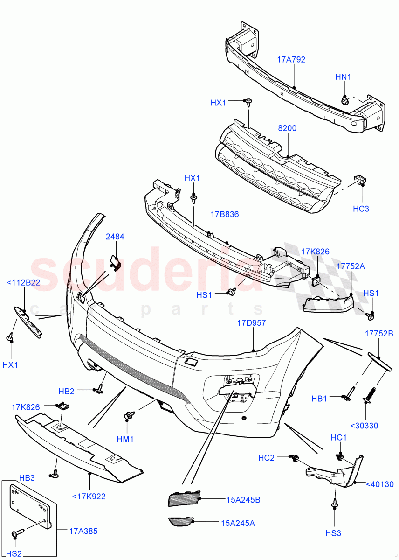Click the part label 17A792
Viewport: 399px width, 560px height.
pyautogui.click(x=291, y=59)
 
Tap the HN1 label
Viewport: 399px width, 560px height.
pyautogui.click(x=343, y=77)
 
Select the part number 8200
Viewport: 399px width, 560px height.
pyautogui.click(x=287, y=128)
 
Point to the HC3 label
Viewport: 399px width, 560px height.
pyautogui.click(x=361, y=209)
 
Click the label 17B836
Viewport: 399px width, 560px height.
pyautogui.click(x=225, y=215)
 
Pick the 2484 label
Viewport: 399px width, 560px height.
pyautogui.click(x=115, y=237)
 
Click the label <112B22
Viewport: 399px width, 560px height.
pyautogui.click(x=23, y=282)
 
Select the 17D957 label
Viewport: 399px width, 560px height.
pyautogui.click(x=251, y=322)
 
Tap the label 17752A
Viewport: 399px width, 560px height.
pyautogui.click(x=351, y=266)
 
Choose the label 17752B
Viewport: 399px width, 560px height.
pyautogui.click(x=379, y=334)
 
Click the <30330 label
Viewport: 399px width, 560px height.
pyautogui.click(x=365, y=426)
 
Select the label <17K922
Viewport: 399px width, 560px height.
pyautogui.click(x=89, y=496)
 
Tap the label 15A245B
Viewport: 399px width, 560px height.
pyautogui.click(x=243, y=500)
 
